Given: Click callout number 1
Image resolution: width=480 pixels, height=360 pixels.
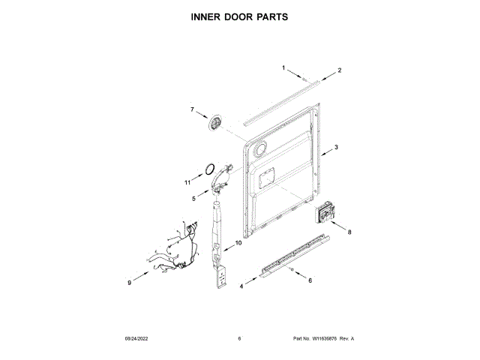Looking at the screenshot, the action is click(284, 68).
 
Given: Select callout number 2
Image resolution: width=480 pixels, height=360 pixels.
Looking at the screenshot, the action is click(339, 70).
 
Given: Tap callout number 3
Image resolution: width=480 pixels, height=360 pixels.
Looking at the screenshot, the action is click(336, 147).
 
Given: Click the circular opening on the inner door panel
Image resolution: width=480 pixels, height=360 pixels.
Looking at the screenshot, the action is click(260, 151).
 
